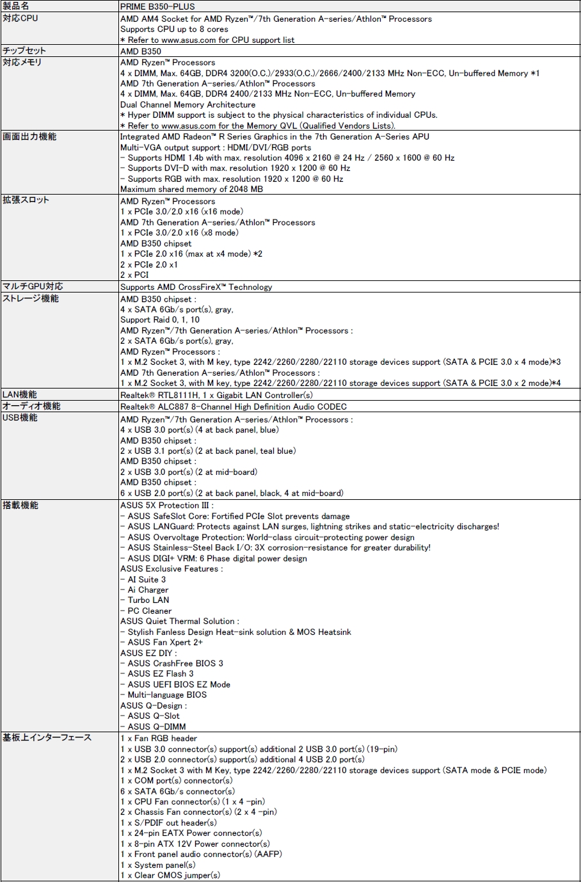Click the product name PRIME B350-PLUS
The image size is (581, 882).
(157, 6)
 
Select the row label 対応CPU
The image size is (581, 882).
(20, 18)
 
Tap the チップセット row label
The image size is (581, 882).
(24, 51)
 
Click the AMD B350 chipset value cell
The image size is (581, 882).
(141, 51)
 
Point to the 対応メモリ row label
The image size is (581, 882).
(22, 62)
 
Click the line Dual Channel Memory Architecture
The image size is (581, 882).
(187, 104)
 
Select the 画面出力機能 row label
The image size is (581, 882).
(29, 136)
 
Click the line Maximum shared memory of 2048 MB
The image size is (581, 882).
(191, 189)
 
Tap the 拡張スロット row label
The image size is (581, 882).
(26, 200)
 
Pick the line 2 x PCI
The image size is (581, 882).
(134, 275)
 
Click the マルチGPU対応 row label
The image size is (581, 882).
(33, 286)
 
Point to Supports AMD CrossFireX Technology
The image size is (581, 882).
(196, 287)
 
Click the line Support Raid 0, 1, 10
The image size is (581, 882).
(160, 319)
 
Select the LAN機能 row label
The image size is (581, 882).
(20, 394)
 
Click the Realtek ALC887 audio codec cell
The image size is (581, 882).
(233, 406)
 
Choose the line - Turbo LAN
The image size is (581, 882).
(145, 600)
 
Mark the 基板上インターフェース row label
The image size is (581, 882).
(47, 737)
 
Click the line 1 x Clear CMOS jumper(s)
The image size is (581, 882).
(170, 875)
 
